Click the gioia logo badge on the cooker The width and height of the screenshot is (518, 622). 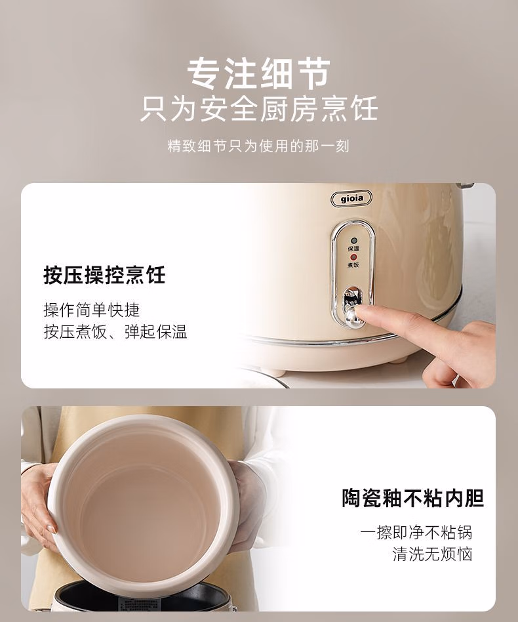[351, 197]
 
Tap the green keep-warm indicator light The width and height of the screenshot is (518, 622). [353, 241]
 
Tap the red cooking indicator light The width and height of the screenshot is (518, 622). [353, 256]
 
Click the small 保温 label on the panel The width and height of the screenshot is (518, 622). [353, 249]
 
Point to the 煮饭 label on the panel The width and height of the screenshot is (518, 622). [353, 264]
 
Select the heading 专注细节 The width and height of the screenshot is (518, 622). [259, 73]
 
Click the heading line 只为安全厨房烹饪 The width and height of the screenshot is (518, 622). [259, 109]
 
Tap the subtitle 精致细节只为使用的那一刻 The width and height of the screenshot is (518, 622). [259, 146]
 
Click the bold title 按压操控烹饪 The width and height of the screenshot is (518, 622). [104, 274]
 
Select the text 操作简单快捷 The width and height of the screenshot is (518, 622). [92, 309]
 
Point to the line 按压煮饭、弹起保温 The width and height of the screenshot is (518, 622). [115, 331]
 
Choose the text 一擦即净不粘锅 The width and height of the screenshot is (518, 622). [416, 531]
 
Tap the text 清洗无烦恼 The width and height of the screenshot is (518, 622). [432, 554]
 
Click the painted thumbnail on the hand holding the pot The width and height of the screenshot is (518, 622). [50, 528]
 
